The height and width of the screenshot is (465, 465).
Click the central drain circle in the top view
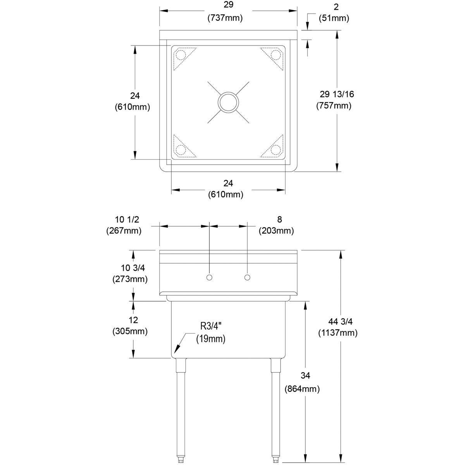229,102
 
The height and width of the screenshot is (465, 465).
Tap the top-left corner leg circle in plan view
181,55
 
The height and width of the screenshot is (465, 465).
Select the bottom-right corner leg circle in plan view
276,150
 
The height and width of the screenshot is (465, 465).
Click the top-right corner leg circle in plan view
276,55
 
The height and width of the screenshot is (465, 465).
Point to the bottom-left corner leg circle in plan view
181,150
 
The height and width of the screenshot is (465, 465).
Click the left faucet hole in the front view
209,277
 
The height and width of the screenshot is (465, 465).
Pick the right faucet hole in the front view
248,277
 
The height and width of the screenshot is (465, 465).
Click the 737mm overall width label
225,18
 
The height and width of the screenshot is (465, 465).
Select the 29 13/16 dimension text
337,94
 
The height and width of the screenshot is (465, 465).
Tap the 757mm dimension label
334,105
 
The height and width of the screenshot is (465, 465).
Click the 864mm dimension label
302,389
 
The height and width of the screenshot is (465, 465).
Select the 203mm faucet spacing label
276,231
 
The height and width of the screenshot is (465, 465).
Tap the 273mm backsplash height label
130,279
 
